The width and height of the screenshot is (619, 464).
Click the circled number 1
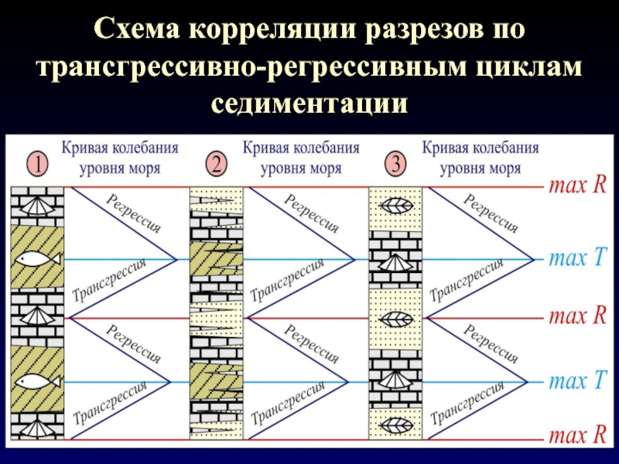[36, 164]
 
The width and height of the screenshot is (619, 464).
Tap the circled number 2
[216, 164]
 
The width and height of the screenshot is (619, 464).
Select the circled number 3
[395, 164]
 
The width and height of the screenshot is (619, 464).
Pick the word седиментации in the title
[309, 101]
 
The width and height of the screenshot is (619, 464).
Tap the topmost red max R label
[577, 186]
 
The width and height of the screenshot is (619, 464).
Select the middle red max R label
[577, 316]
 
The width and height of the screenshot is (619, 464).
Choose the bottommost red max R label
[577, 438]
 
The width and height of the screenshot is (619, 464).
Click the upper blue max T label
[577, 258]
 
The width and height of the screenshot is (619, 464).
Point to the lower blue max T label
[577, 381]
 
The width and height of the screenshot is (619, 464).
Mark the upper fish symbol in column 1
[36, 259]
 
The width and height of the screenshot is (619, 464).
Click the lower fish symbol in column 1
[36, 380]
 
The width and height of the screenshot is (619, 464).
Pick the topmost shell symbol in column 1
[36, 206]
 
